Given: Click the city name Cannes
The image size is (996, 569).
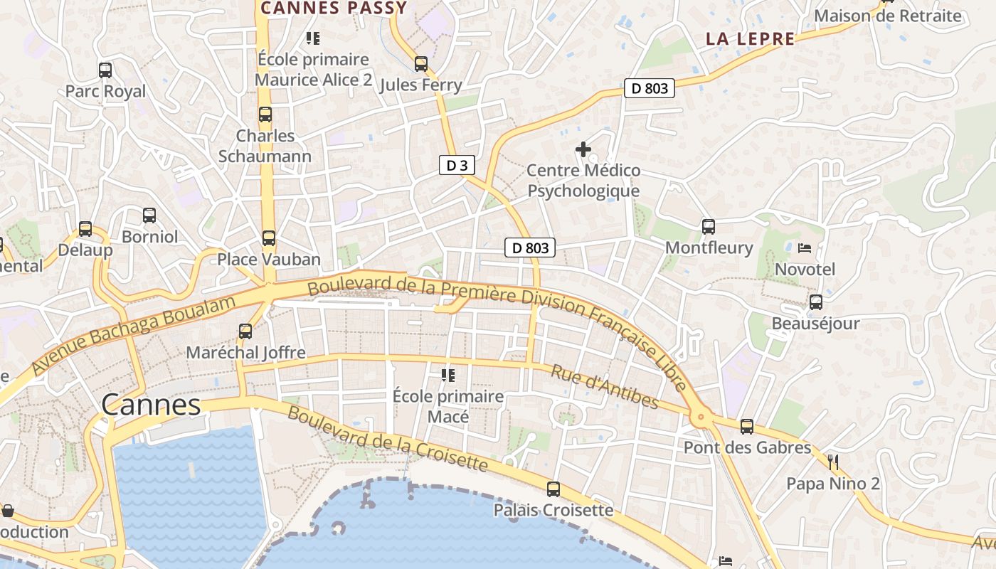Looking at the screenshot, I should tap(151, 405).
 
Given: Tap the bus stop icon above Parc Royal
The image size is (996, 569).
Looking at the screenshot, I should tap(105, 70).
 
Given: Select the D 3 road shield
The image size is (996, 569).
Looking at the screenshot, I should tap(456, 166).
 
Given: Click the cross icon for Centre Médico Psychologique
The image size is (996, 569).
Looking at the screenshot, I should tap(583, 149).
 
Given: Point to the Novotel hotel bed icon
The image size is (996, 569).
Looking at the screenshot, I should tap(805, 248).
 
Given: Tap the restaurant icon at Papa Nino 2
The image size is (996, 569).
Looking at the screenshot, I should tap(833, 463).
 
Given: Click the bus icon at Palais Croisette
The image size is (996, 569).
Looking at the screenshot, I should tap(553, 489).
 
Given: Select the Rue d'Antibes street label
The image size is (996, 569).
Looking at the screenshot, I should tap(605, 388).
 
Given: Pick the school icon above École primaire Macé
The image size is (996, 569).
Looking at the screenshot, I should tap(448, 375).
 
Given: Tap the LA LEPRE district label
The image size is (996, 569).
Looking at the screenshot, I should tap(750, 39).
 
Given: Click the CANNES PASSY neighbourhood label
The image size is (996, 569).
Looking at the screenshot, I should tap(334, 9).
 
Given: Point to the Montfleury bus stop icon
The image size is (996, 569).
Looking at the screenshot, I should tap(709, 227).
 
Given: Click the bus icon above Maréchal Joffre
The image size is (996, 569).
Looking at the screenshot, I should tap(245, 331).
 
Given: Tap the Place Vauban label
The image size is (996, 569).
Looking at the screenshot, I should tap(269, 260).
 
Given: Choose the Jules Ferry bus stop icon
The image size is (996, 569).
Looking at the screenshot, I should tap(421, 64).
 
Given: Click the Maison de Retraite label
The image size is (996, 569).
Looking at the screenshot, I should tap(887, 16).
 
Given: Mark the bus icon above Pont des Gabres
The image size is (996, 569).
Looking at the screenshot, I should tap(747, 427).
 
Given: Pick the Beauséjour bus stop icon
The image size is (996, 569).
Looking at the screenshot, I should tap(816, 302).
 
